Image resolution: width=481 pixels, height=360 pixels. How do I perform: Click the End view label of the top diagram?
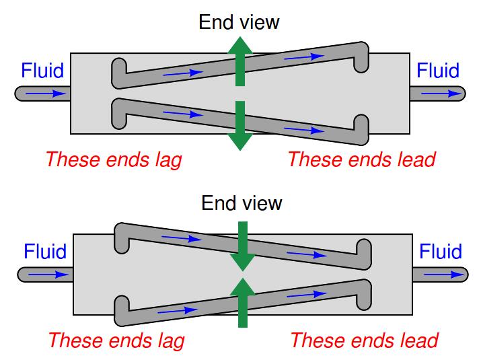(239, 22)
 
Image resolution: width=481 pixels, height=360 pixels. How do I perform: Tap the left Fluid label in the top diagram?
(42, 70)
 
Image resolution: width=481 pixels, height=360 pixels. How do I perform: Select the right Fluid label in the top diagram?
(438, 70)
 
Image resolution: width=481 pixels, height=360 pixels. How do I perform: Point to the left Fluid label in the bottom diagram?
(45, 252)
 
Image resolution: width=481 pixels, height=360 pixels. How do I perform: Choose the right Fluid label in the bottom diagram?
(441, 252)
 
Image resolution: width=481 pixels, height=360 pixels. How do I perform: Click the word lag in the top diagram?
(167, 159)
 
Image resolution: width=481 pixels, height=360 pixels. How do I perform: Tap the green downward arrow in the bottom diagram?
(242, 245)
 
